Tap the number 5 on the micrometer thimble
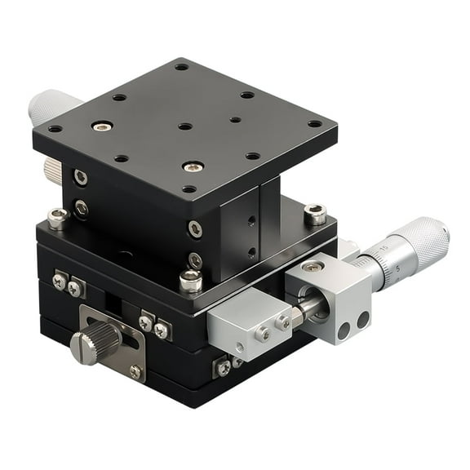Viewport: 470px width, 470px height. pos(397,268)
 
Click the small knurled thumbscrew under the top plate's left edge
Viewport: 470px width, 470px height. pos(53,170)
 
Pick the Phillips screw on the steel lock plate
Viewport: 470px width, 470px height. pos(135,371)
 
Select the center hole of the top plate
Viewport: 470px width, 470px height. pos(185,126)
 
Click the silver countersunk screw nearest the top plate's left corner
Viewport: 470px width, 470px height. pos(102,126)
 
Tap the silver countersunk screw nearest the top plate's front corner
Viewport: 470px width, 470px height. pos(193,166)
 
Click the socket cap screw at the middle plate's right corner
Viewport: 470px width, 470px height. pos(315,215)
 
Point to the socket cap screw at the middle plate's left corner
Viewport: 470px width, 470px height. pos(56,218)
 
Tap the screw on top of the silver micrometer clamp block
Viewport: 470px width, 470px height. pos(311,267)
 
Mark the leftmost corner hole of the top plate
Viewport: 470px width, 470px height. pos(55,129)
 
